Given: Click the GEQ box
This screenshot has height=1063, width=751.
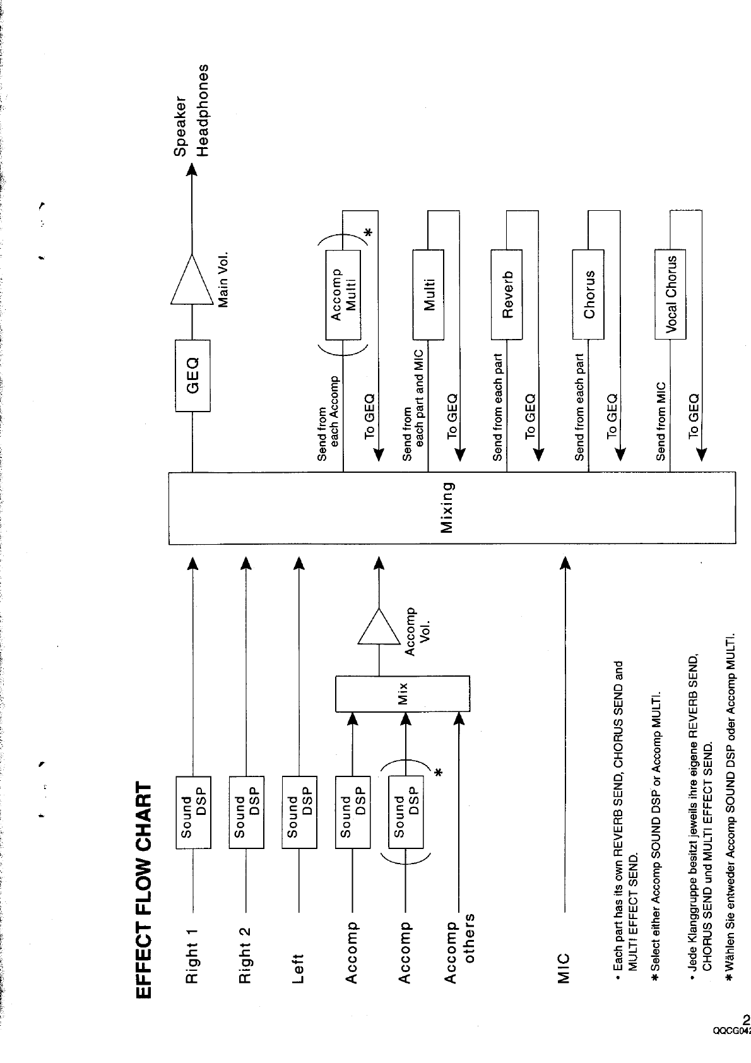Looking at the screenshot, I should [x=192, y=376].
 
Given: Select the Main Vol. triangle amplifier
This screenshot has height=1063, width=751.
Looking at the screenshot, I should [x=192, y=280].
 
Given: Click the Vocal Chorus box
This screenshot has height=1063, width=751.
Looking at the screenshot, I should [x=670, y=294].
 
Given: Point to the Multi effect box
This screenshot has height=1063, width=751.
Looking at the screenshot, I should [x=429, y=294].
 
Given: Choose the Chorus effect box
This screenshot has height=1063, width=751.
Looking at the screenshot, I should [x=588, y=294].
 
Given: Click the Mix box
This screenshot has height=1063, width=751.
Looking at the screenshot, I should [x=403, y=692].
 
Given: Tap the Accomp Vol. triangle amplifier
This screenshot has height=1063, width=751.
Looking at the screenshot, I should [x=379, y=627].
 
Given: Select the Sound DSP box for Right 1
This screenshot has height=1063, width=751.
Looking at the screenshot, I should [x=193, y=812].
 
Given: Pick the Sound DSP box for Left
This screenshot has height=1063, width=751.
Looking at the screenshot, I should [x=299, y=812].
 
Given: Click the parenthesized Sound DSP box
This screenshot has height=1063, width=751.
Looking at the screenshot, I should [x=405, y=812].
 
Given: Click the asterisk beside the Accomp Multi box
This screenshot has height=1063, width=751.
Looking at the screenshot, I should [x=369, y=234].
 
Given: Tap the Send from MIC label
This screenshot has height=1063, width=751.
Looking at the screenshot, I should [x=661, y=420].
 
